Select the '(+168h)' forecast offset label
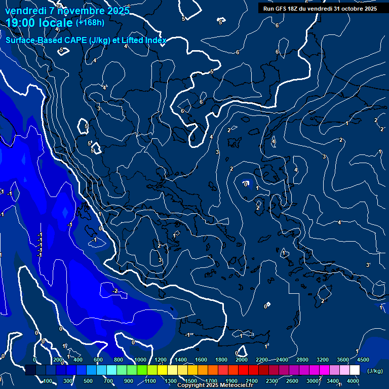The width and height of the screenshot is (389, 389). [90, 22]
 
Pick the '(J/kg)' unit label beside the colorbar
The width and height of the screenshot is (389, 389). [375, 371]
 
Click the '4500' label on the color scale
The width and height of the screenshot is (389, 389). [363, 360]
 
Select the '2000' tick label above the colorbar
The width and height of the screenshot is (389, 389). [242, 360]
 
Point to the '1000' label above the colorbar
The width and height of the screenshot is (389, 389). [140, 360]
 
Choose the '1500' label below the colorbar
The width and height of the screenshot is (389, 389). [191, 381]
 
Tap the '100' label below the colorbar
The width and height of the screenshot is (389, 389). [48, 381]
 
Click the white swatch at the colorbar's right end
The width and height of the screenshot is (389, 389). [355, 371]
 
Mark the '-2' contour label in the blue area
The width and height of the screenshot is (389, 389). [115, 291]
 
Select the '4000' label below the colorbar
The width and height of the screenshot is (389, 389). [354, 381]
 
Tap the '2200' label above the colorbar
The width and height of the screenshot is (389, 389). [262, 360]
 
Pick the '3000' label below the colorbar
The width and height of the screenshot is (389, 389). [313, 381]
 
